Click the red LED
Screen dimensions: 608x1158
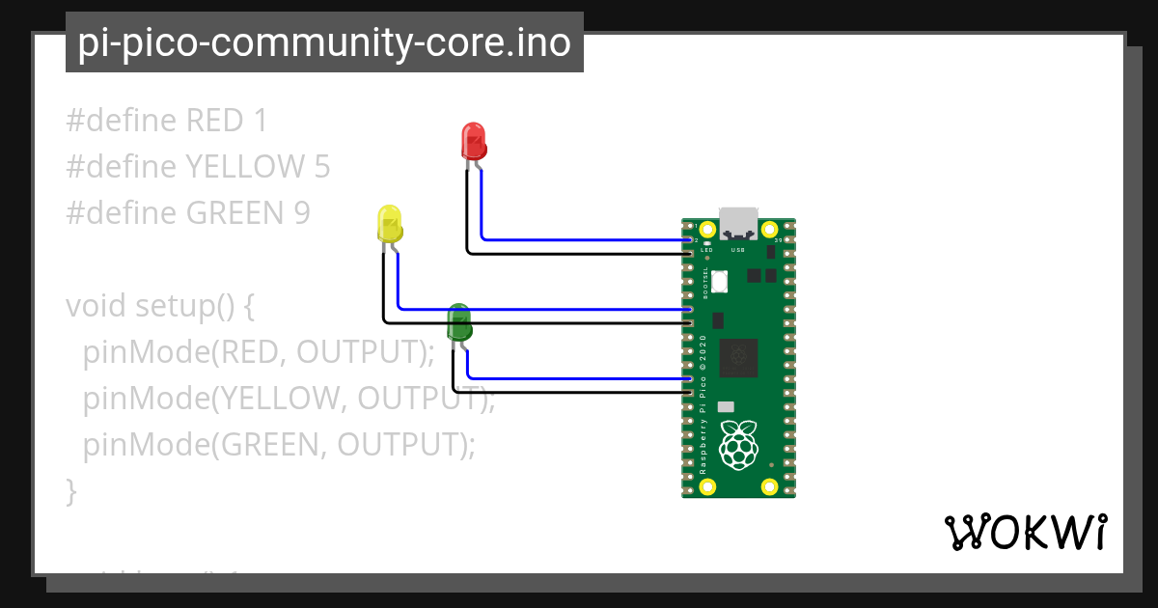(473, 141)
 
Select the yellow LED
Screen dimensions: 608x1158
(389, 224)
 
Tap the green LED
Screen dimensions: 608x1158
(458, 322)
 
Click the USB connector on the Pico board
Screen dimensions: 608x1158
(738, 224)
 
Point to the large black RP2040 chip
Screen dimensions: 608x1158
(738, 358)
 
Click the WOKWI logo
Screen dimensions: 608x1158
(1024, 532)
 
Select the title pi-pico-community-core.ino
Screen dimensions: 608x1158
(324, 43)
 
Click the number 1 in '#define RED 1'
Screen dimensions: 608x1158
(259, 121)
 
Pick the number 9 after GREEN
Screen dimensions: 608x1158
(302, 213)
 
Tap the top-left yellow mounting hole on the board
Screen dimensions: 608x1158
(707, 230)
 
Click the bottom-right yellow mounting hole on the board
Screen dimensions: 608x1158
(769, 485)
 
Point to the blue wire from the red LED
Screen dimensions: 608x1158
(579, 238)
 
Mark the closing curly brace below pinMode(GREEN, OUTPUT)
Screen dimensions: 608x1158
(70, 491)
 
